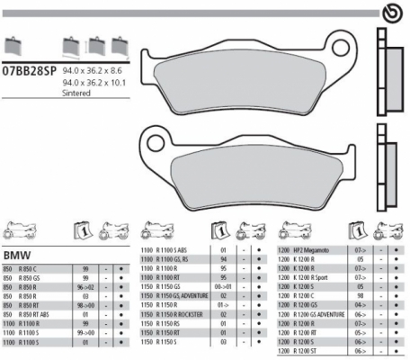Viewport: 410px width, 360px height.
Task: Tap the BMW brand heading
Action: click(18, 255)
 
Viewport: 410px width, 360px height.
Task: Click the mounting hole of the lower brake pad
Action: click(148, 139)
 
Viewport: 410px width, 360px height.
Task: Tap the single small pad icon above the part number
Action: click(12, 47)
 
